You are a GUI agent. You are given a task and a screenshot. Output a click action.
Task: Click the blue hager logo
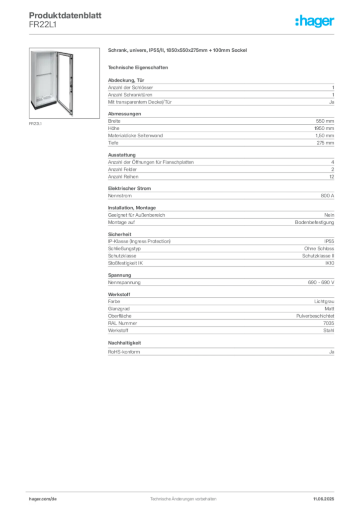tap(316, 21)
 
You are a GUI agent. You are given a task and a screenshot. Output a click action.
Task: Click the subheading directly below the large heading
tap(140, 67)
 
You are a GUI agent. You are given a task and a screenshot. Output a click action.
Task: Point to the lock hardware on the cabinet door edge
tap(72, 85)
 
